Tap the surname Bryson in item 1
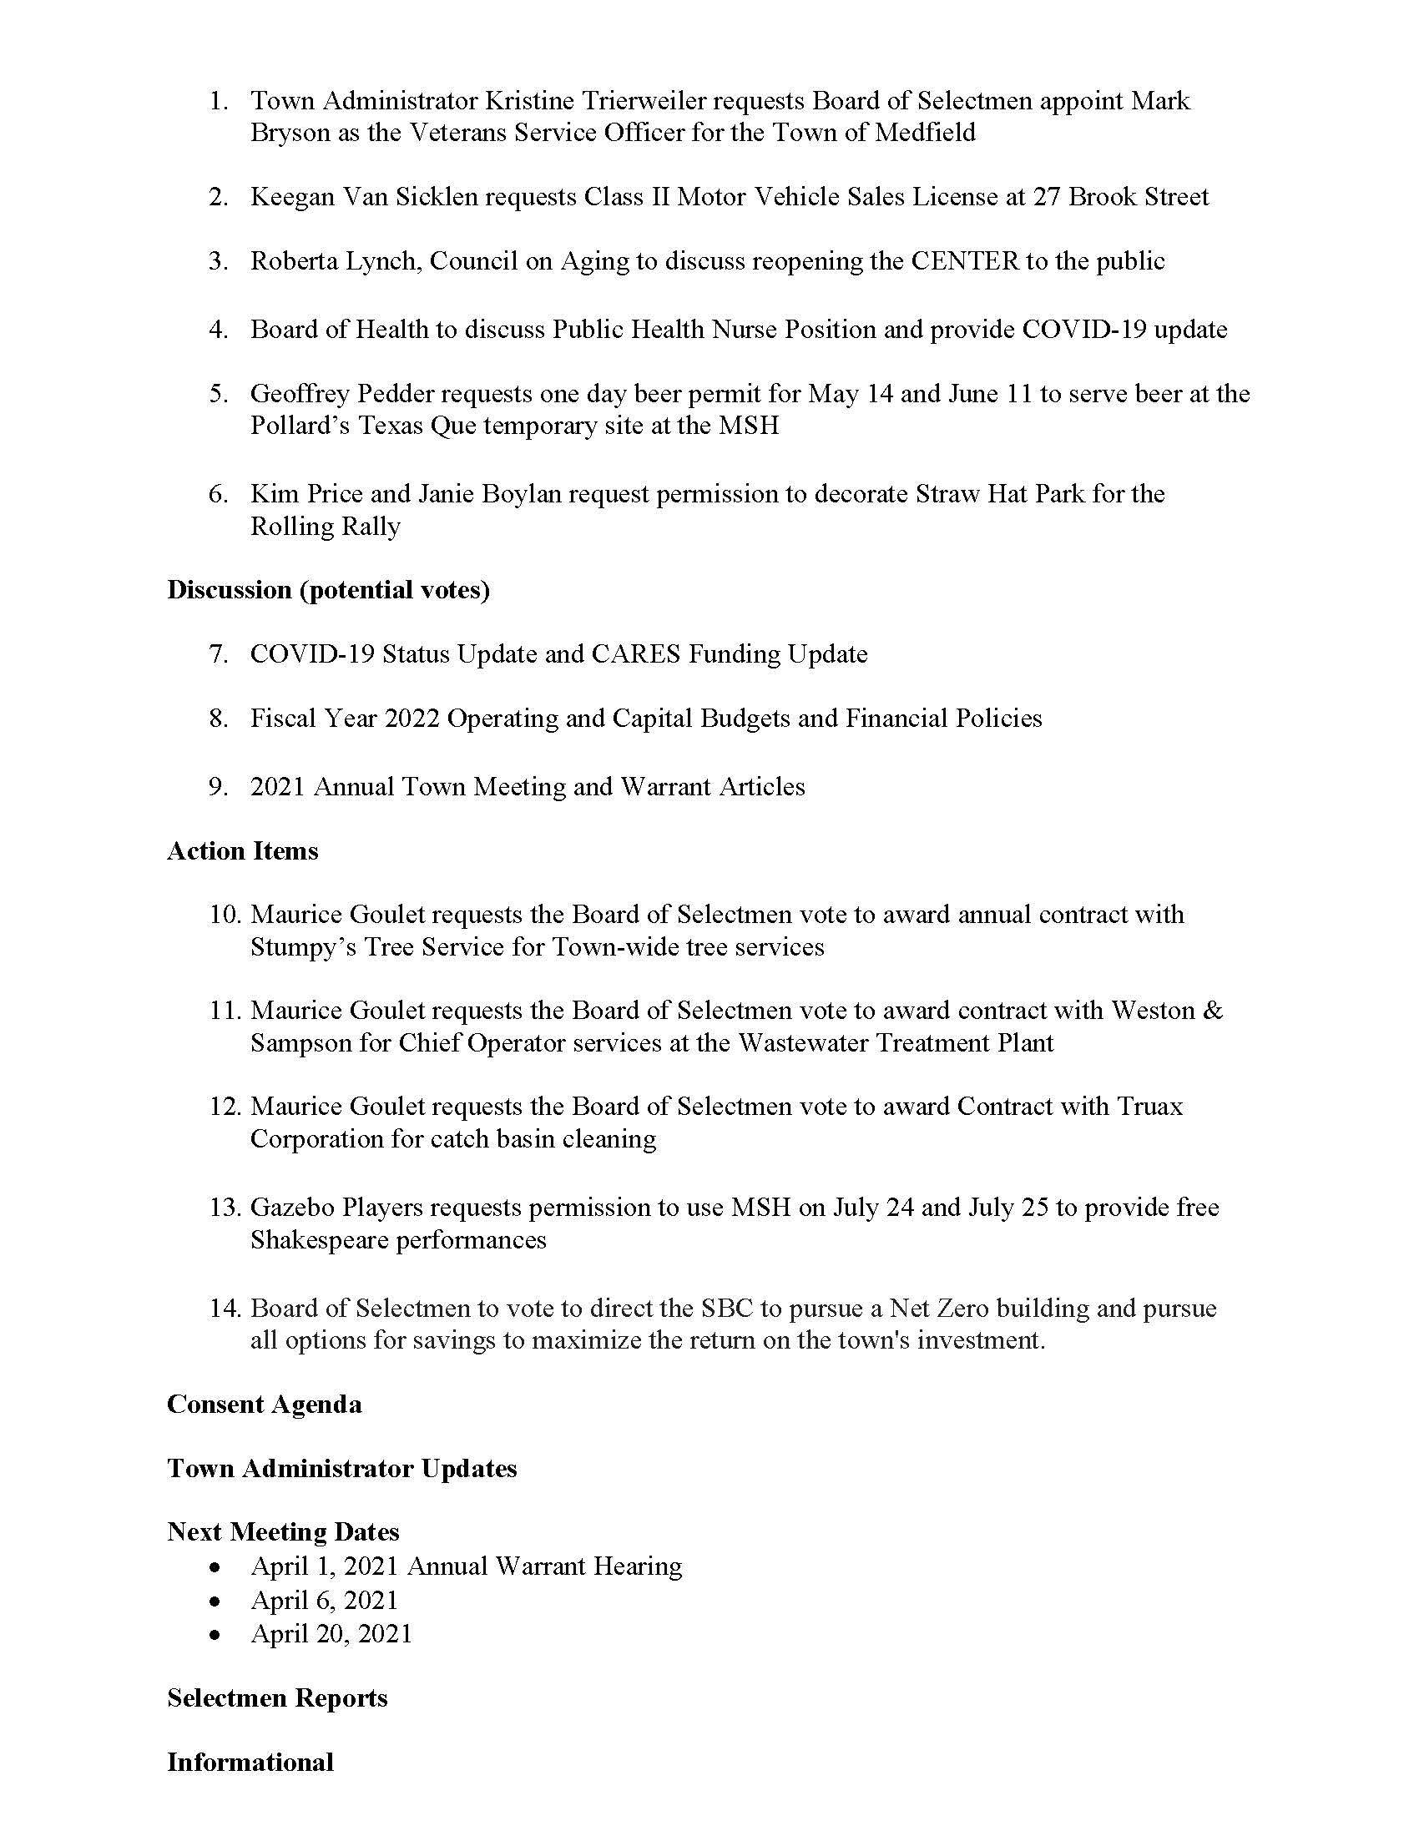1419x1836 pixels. [x=290, y=133]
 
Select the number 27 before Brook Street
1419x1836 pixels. [x=1047, y=197]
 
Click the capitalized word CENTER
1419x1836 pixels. [x=965, y=261]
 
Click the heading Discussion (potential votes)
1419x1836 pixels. [x=328, y=590]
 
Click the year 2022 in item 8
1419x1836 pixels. [x=412, y=719]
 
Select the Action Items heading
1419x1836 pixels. [x=242, y=850]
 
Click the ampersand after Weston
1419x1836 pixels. [x=1212, y=1010]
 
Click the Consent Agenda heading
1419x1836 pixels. [x=264, y=1405]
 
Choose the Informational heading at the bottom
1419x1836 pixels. [x=250, y=1762]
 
